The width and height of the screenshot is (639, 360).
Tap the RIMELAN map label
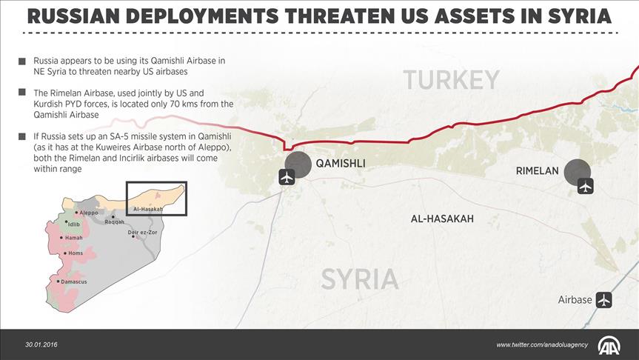pyautogui.click(x=537, y=171)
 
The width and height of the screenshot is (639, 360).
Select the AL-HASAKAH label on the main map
pyautogui.click(x=442, y=219)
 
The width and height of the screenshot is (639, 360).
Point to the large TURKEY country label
pyautogui.click(x=452, y=79)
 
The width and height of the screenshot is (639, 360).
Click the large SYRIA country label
pyautogui.click(x=360, y=279)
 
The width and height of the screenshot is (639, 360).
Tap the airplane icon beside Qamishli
pyautogui.click(x=287, y=177)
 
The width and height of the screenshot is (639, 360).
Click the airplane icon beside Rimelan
pyautogui.click(x=586, y=186)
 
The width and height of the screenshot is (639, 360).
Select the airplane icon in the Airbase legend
pyautogui.click(x=604, y=300)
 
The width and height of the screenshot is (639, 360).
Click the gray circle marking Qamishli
pyautogui.click(x=298, y=164)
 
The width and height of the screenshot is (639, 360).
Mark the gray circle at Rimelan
pyautogui.click(x=578, y=173)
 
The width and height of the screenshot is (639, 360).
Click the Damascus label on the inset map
pyautogui.click(x=73, y=282)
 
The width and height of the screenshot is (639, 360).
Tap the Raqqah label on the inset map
pyautogui.click(x=115, y=222)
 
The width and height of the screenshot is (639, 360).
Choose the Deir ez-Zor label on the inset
pyautogui.click(x=143, y=233)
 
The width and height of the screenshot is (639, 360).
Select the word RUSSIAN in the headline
pyautogui.click(x=78, y=16)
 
